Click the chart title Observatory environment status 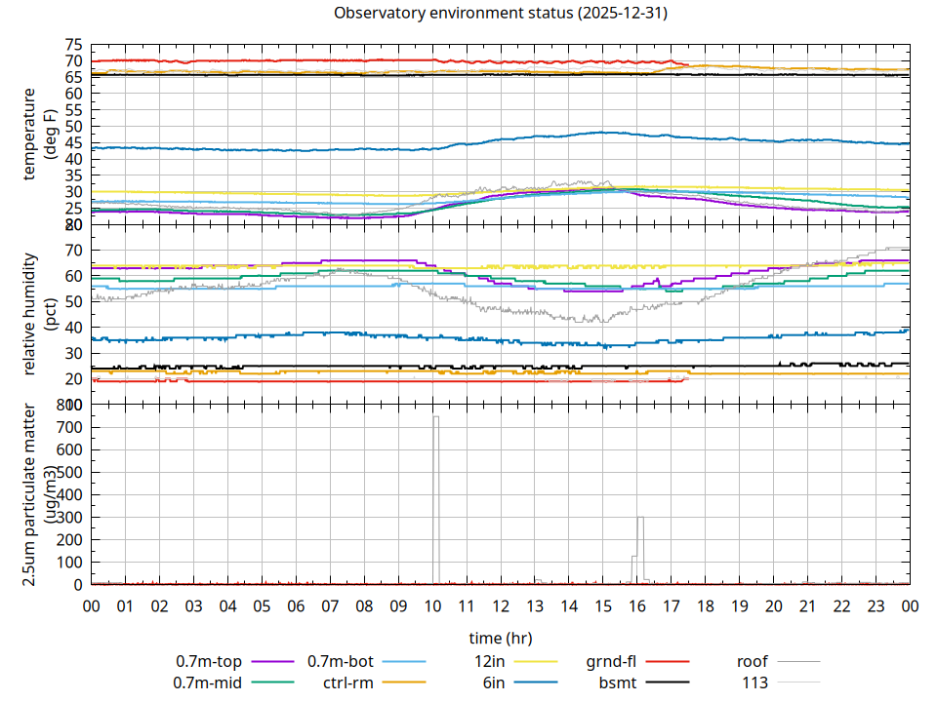tap(501, 14)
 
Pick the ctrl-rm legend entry tap(347, 682)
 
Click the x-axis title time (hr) tap(501, 639)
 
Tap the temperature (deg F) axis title tap(39, 134)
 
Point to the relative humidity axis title tap(39, 314)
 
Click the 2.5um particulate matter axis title tap(39, 494)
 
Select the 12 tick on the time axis tap(501, 605)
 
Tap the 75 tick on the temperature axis tap(73, 45)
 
